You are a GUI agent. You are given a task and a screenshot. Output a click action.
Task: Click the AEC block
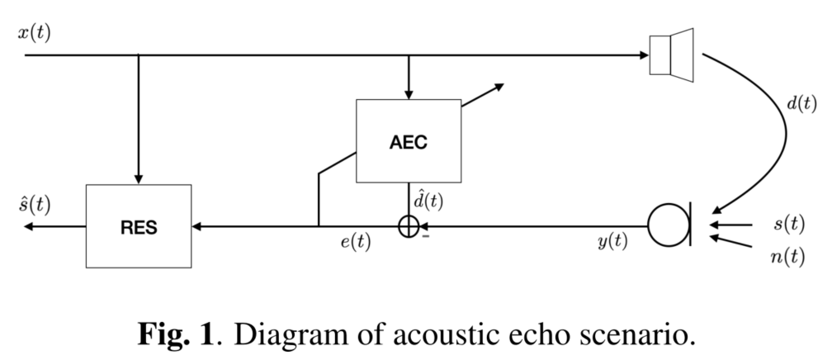click(x=409, y=140)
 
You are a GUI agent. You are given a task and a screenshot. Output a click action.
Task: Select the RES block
click(x=138, y=225)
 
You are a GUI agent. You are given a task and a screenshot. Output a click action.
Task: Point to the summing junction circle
click(x=409, y=225)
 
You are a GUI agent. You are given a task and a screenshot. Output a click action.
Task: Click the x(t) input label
click(x=34, y=34)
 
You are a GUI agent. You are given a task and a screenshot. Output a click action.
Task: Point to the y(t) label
click(x=612, y=244)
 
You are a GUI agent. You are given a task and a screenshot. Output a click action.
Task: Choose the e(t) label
click(x=353, y=244)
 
